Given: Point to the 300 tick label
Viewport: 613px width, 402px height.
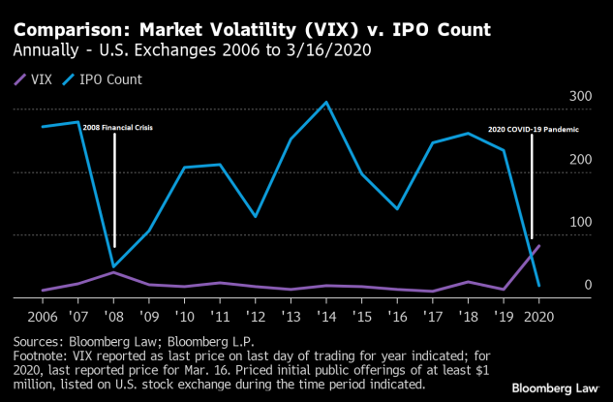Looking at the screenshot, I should [x=579, y=97].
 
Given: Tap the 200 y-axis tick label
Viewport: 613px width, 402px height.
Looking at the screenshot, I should [x=579, y=160].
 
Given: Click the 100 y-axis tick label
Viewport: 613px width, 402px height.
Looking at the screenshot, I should [x=579, y=223].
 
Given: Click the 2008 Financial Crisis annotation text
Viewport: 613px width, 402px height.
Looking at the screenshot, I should [x=118, y=127].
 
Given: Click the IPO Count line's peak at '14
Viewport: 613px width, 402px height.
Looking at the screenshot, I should [x=326, y=102].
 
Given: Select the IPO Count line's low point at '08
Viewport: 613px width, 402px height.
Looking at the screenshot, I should [x=114, y=266].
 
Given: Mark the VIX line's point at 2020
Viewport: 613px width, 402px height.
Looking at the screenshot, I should [x=538, y=246].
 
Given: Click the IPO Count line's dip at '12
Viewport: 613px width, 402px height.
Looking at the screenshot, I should [x=256, y=216].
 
